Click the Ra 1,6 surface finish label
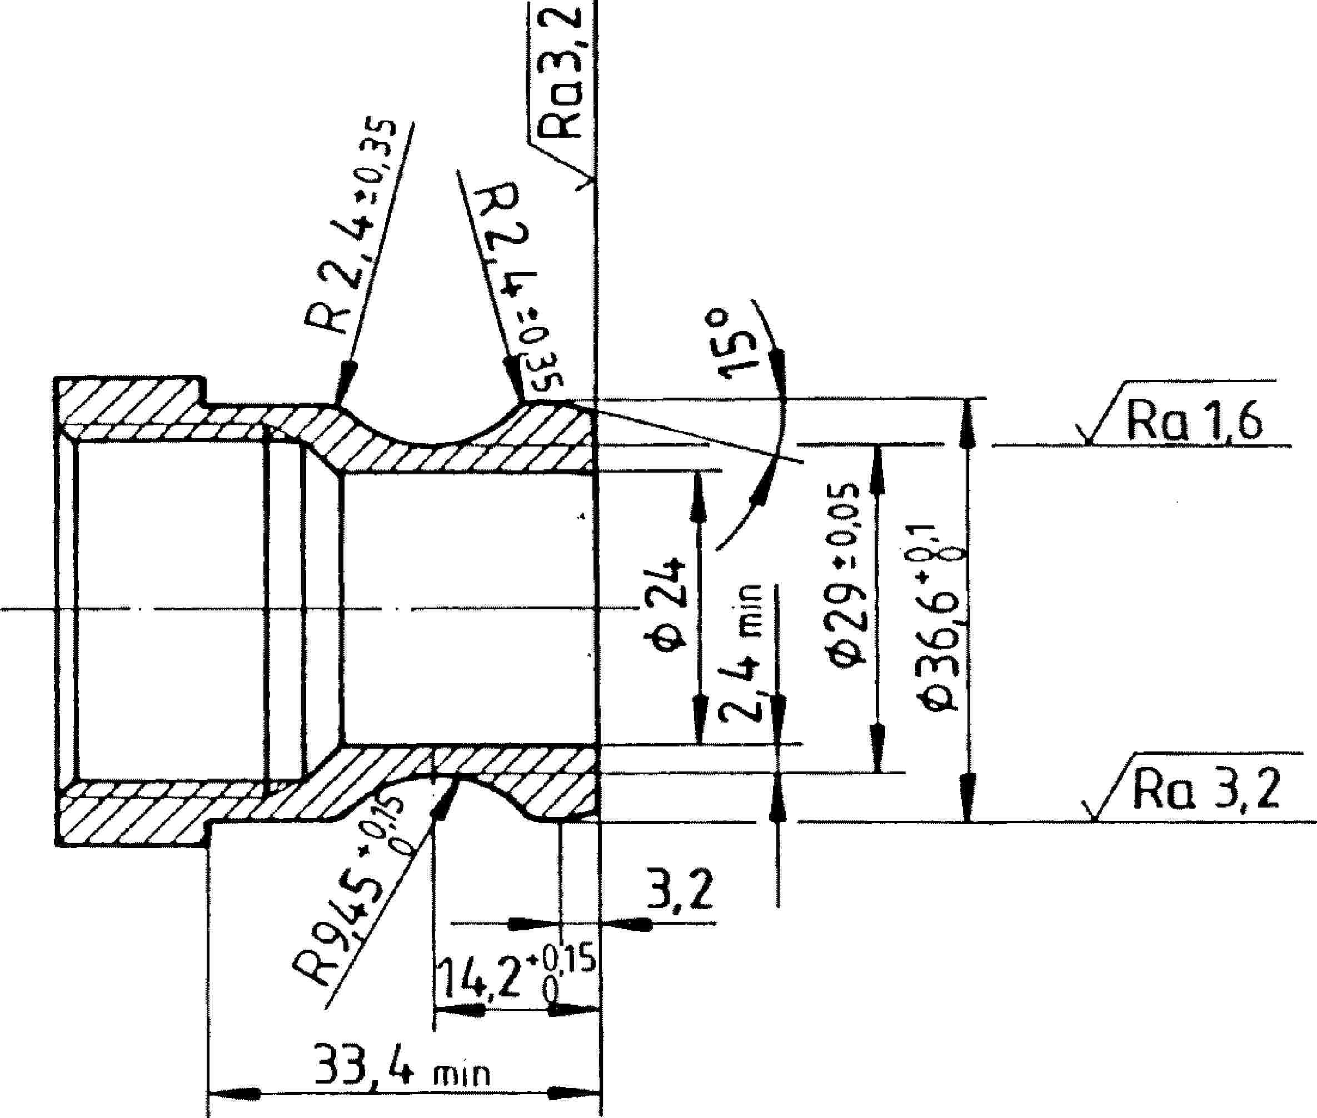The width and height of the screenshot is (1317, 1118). pos(1193,421)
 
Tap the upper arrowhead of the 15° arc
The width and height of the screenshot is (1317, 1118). pos(779,368)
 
